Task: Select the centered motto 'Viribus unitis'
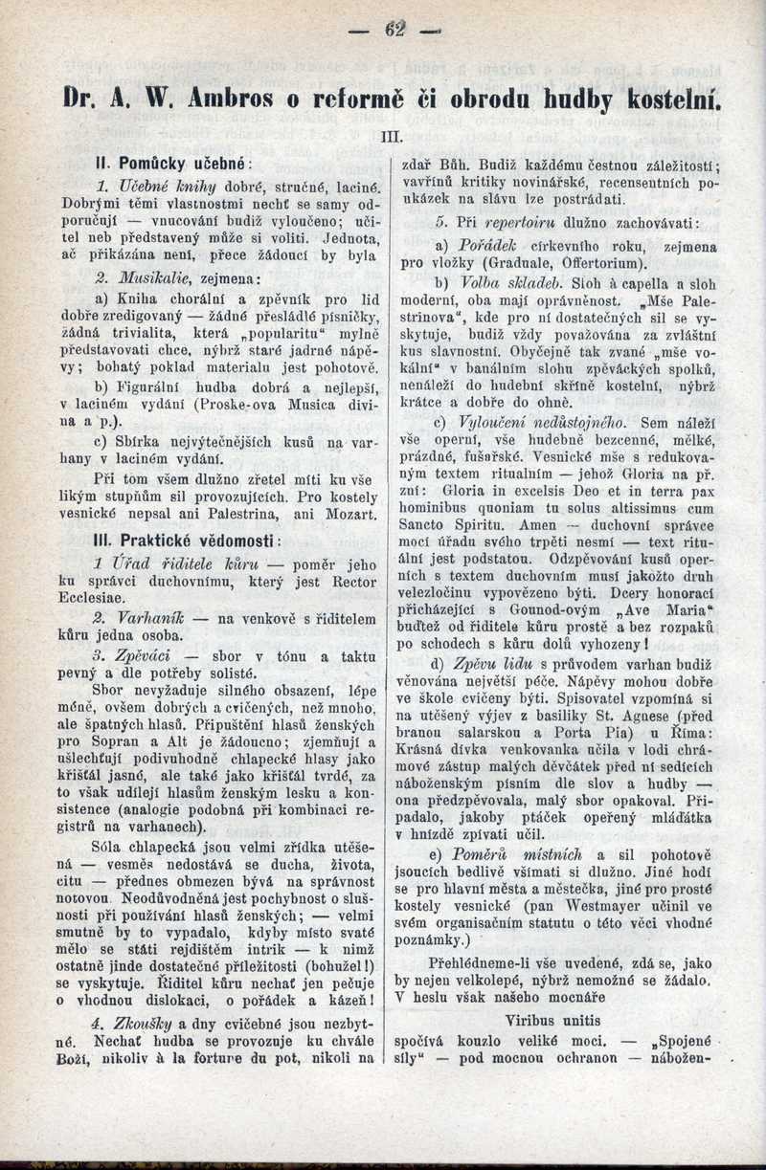pos(557,1022)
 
